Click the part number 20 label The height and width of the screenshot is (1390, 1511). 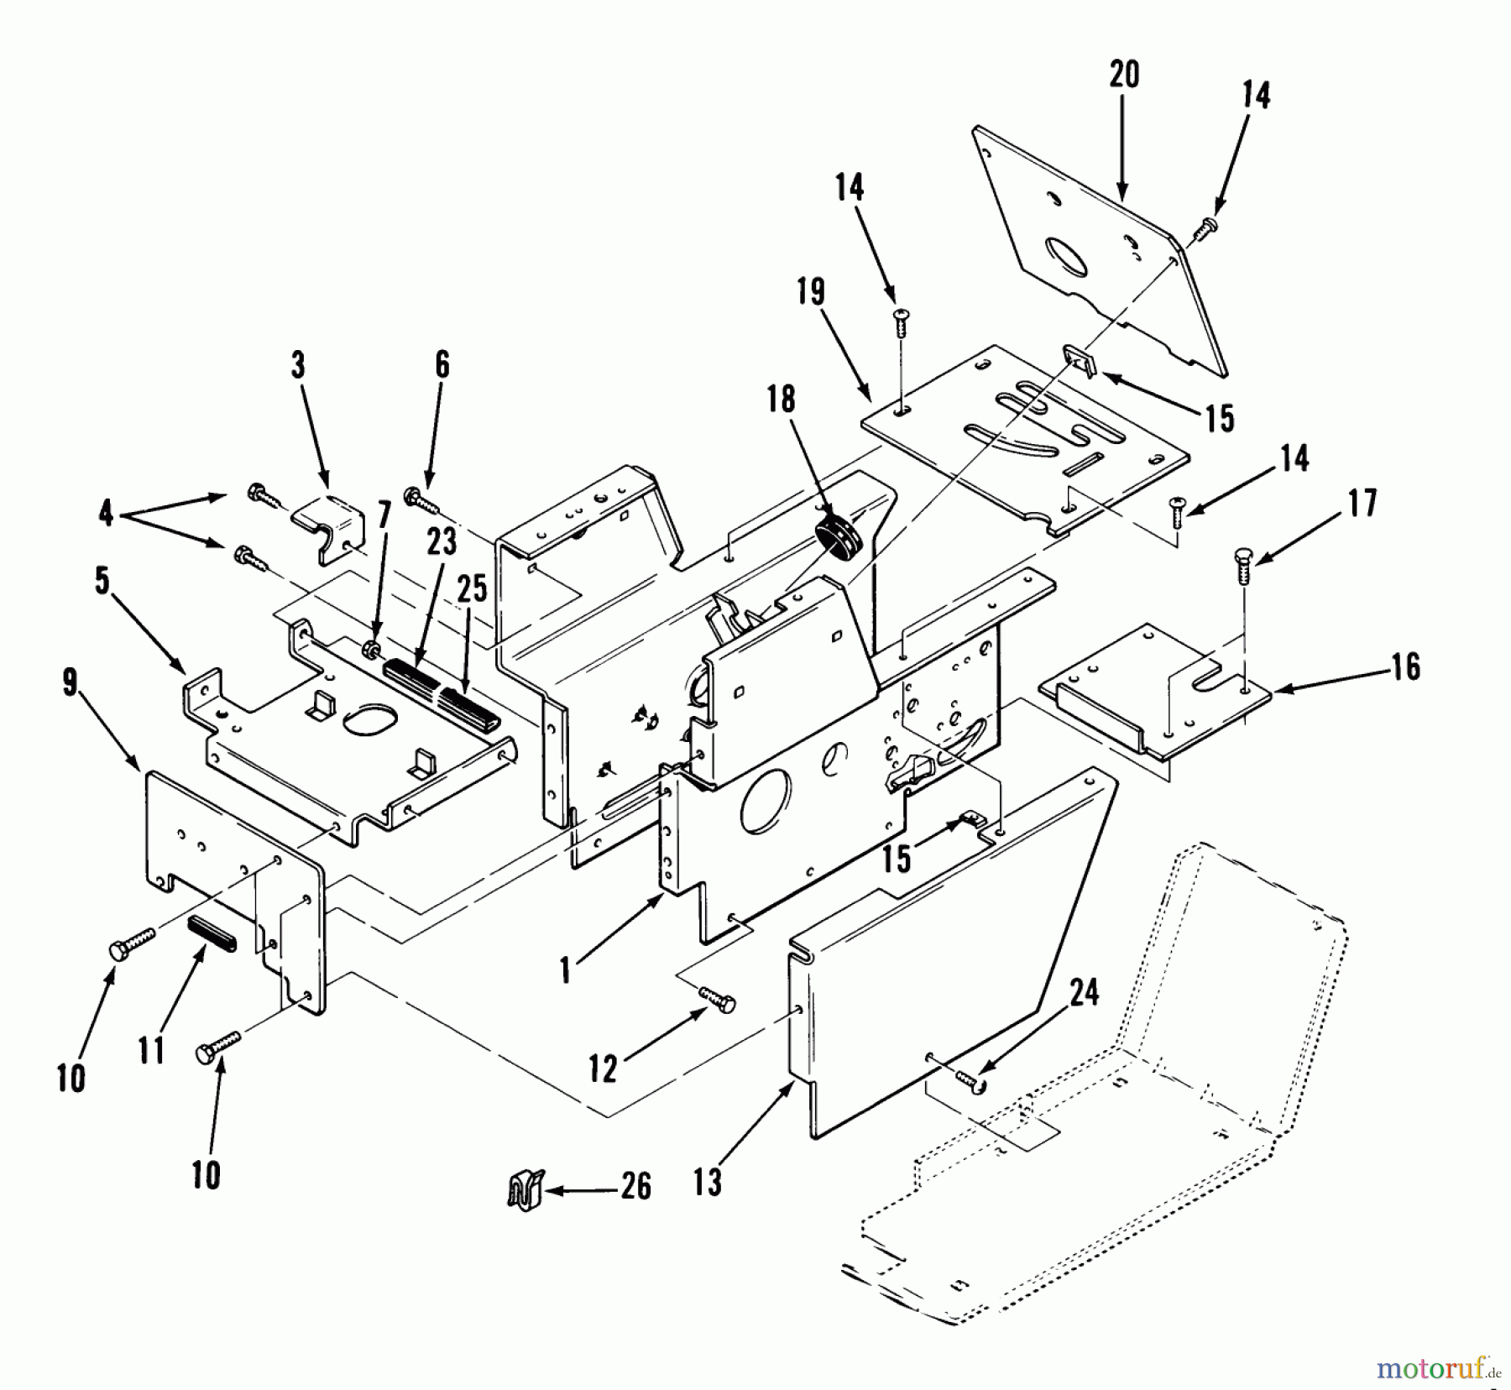point(1124,75)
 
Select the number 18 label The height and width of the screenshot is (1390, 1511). point(781,400)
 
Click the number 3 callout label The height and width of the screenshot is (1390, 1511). point(298,367)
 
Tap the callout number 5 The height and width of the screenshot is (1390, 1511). point(102,581)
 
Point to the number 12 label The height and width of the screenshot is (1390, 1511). point(603,1069)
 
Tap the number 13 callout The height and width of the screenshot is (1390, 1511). point(708,1183)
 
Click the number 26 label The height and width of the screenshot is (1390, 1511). point(635,1186)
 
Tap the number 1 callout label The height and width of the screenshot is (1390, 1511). point(566,971)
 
